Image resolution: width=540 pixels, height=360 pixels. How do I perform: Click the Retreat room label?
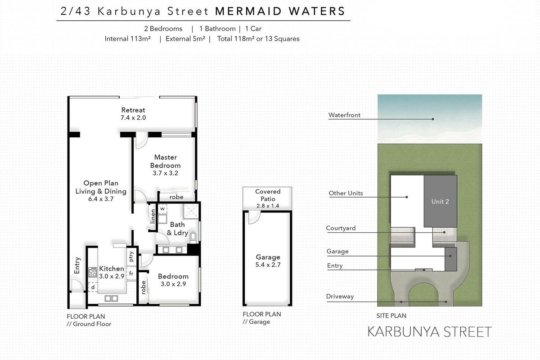coord(133,110)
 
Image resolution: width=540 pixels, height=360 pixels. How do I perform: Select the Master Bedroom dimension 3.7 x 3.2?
coord(166,173)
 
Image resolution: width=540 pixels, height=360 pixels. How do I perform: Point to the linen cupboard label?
coord(153,215)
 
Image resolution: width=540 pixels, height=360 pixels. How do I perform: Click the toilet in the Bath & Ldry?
coord(193,237)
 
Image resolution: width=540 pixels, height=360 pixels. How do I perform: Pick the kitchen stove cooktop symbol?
coord(93,272)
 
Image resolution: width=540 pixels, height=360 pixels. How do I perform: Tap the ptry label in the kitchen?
coord(131,256)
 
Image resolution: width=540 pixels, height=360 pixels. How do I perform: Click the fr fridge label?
coord(131,273)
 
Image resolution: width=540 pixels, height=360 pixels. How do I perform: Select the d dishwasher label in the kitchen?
coord(93,287)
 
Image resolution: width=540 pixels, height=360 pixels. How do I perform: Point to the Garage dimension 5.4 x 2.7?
coord(268,265)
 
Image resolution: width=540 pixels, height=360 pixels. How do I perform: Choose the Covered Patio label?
coord(268,195)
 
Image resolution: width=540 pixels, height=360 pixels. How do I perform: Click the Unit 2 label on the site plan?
coord(440,202)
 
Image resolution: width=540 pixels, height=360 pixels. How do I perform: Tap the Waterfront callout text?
coord(344,115)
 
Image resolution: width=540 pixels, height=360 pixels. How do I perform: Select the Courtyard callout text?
coord(341,228)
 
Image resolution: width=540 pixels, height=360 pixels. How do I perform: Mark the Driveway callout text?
coord(340,297)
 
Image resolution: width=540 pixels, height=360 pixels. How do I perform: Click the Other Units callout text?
coord(346,193)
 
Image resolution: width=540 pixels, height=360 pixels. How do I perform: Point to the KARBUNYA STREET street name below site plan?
coord(429,332)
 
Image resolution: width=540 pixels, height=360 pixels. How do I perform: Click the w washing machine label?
coord(162,209)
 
